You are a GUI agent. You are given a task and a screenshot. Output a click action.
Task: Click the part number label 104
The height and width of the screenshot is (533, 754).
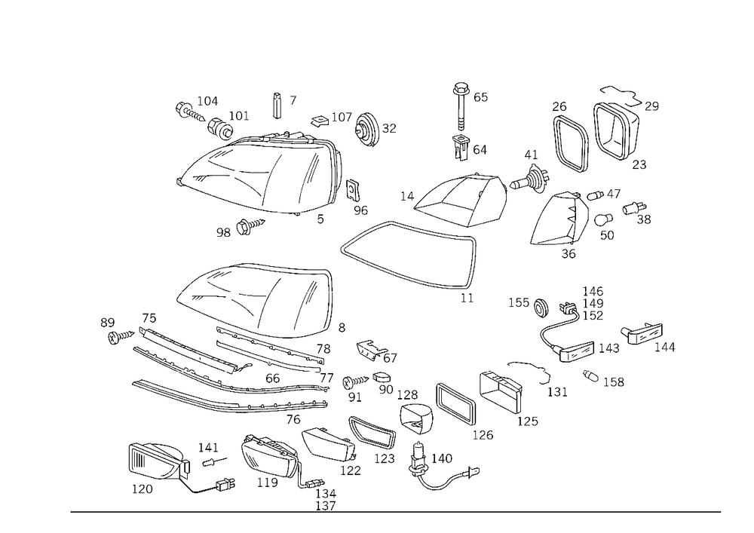[207, 101]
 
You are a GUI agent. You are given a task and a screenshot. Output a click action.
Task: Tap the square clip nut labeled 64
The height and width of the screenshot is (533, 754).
[461, 146]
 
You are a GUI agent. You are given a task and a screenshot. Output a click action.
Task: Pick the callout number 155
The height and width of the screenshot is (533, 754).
[519, 303]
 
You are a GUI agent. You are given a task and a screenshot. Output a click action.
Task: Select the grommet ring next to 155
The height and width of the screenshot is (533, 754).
[541, 308]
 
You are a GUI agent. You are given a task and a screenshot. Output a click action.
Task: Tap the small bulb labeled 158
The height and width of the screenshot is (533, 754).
[590, 376]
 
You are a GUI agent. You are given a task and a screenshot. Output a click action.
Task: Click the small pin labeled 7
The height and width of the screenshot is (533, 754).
[278, 105]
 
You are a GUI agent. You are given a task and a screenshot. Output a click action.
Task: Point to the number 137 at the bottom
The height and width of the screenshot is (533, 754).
[326, 506]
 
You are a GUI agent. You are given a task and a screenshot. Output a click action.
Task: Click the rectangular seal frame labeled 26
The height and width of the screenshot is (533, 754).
[570, 144]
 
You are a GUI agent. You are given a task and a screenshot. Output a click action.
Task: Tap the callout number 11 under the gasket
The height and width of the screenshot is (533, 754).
[467, 298]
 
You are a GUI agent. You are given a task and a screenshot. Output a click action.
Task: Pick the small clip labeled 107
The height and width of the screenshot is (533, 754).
[319, 120]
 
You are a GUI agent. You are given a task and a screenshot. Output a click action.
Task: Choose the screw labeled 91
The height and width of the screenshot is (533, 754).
[355, 382]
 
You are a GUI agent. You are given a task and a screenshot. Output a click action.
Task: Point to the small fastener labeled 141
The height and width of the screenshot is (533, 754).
[214, 462]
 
